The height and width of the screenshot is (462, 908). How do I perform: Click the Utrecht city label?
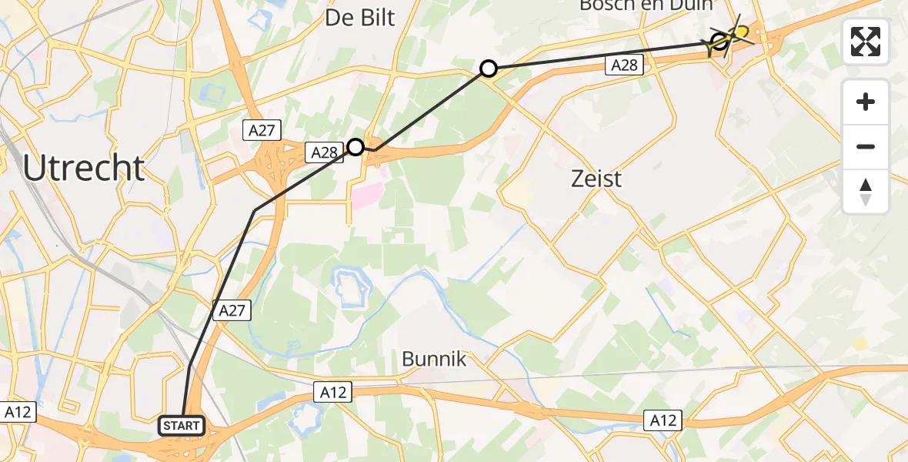(x=84, y=168)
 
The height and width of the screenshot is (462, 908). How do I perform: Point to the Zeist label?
(x=596, y=179)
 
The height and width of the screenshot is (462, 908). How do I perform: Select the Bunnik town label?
(x=434, y=359)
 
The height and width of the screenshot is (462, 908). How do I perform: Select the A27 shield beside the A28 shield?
(x=262, y=131)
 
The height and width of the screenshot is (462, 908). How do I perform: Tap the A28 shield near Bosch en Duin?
(x=624, y=65)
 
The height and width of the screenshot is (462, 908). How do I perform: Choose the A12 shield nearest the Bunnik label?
(x=333, y=393)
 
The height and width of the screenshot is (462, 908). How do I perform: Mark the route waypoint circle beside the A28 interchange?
(x=356, y=146)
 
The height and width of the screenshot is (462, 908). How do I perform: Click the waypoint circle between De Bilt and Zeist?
(x=488, y=69)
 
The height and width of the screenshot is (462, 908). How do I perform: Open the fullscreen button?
(x=866, y=42)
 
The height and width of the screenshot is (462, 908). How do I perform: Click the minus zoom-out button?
(x=866, y=146)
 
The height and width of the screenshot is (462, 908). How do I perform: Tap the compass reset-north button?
(x=866, y=191)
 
